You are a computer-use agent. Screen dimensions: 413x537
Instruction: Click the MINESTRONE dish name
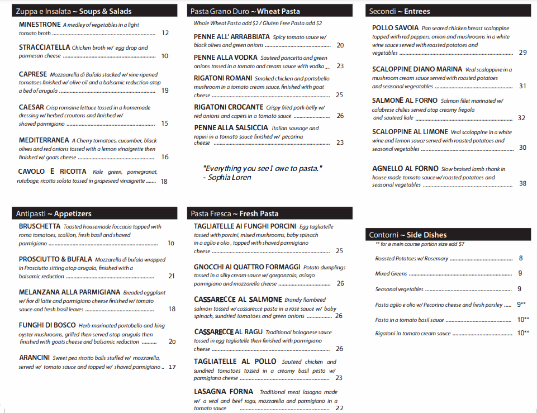[40, 25]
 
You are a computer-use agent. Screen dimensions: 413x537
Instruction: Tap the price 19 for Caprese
[165, 91]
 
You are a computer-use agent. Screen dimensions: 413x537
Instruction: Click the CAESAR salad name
[31, 107]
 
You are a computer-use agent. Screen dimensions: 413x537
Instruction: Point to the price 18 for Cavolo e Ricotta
[164, 181]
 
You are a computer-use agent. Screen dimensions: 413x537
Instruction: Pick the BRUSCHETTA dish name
[40, 226]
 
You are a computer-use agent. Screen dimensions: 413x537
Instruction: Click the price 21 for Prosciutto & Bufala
[172, 276]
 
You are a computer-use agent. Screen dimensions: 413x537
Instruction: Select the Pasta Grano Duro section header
[245, 11]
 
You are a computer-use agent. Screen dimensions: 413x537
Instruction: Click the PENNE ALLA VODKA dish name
[226, 58]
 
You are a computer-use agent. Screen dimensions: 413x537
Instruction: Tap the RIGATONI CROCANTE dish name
[229, 107]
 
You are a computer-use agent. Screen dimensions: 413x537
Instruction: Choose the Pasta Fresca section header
[234, 213]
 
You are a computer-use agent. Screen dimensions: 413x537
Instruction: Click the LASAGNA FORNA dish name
[224, 392]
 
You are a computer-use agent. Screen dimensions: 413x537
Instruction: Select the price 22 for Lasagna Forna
[339, 408]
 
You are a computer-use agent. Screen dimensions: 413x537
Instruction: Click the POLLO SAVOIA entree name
[395, 27]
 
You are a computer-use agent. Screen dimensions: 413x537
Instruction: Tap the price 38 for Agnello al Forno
[522, 184]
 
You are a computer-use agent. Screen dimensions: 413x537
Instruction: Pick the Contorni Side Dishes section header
[408, 235]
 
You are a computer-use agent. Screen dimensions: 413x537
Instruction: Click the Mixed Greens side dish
[391, 274]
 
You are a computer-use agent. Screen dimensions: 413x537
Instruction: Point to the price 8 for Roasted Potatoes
[520, 258]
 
